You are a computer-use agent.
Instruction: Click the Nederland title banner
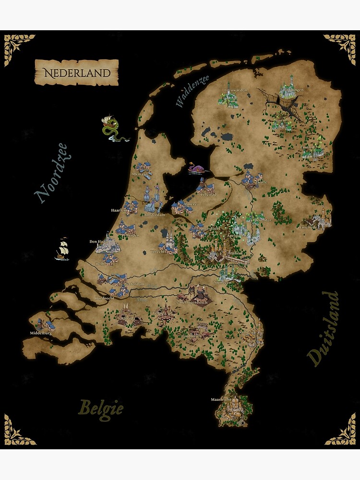[77, 72]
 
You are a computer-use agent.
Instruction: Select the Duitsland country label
[323, 328]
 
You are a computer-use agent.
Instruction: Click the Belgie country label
[101, 408]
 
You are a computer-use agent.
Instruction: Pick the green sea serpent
[113, 129]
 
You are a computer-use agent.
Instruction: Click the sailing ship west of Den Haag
[62, 249]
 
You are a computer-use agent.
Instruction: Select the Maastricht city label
[221, 399]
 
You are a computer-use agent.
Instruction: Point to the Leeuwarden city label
[235, 90]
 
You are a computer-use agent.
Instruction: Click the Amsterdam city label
[155, 215]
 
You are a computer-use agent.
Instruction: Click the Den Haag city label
[97, 241]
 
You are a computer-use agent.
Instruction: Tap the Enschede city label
[309, 228]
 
